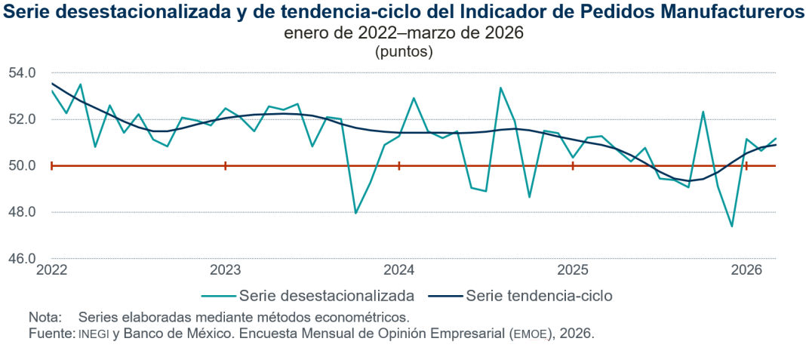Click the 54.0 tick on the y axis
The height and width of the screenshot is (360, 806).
pos(23,73)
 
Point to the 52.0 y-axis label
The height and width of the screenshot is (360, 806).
pos(23,119)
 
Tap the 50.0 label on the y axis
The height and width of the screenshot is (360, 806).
pos(23,166)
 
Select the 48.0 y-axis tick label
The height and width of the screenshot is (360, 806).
pos(23,212)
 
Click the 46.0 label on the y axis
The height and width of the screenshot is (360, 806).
pos(23,259)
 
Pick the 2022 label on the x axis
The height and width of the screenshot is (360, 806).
pos(51,270)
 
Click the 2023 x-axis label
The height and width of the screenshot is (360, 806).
pos(225,270)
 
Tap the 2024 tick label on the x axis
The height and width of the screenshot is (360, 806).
pos(398,270)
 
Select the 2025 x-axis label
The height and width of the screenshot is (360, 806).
pos(573,270)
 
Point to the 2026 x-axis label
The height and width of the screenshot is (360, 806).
pos(746,270)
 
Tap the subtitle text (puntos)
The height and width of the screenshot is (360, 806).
pos(403,52)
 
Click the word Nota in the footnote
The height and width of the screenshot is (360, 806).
pos(44,316)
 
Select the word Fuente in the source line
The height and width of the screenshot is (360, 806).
pos(50,333)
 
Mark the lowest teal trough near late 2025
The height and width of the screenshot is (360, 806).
pos(732,226)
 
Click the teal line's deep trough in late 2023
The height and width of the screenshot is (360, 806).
pos(355,213)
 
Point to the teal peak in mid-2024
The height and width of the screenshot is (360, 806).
pos(500,88)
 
